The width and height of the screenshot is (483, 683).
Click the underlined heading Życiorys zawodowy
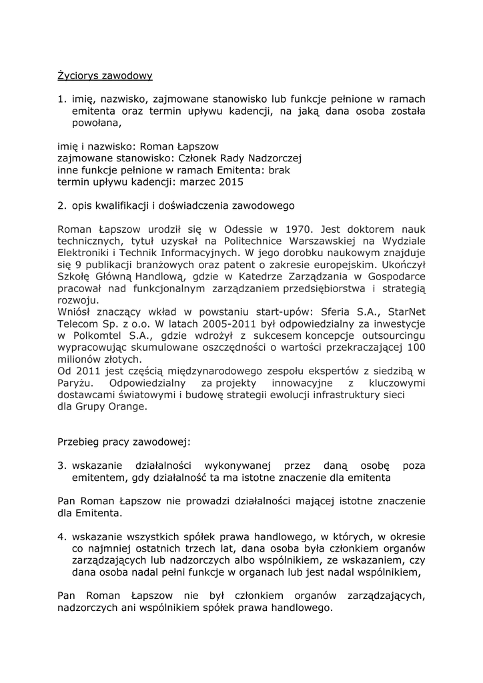[105, 76]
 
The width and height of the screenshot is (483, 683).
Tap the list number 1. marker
[61, 99]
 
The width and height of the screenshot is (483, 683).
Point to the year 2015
[231, 181]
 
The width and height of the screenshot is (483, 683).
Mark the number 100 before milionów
[416, 348]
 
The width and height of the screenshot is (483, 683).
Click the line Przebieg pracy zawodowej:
[124, 442]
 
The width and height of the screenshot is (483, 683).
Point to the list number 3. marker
[61, 466]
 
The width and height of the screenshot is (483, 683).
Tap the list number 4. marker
[61, 536]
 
